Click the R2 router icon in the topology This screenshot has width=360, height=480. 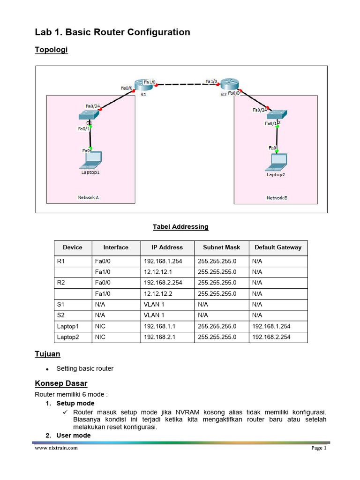pos(230,84)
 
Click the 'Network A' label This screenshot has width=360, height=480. pos(88,197)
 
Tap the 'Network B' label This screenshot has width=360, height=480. pos(277,198)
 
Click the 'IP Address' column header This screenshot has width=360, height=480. pos(167,247)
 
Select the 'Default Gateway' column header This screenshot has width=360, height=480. pos(278,247)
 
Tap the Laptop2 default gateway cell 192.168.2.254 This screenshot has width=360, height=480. pos(271,337)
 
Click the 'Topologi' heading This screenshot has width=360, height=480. pos(52,50)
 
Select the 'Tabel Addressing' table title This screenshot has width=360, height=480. pos(180,227)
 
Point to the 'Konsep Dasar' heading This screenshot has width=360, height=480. pos(61,383)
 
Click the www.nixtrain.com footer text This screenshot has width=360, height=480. pos(56,448)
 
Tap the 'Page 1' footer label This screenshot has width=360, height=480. pos(319,448)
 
